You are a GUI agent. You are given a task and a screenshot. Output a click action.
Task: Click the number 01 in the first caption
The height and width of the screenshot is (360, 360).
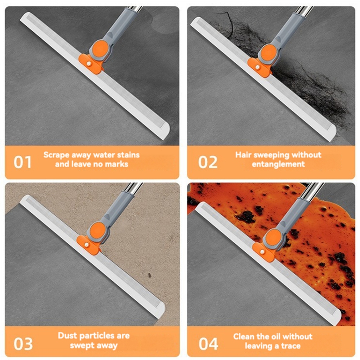click(x=22, y=162)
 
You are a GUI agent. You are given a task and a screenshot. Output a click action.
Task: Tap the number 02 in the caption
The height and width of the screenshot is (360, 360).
click(x=208, y=162)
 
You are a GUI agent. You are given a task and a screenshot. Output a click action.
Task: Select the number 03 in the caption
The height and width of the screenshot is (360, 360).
click(x=23, y=343)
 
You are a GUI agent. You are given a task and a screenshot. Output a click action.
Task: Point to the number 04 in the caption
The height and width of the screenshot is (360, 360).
click(x=208, y=343)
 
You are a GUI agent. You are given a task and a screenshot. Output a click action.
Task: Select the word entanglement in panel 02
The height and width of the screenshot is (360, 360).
click(x=278, y=164)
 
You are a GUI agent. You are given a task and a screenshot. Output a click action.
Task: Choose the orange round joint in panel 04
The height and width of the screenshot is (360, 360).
click(x=273, y=237)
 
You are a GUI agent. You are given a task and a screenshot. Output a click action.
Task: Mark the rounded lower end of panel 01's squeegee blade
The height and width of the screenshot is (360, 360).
click(x=165, y=130)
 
